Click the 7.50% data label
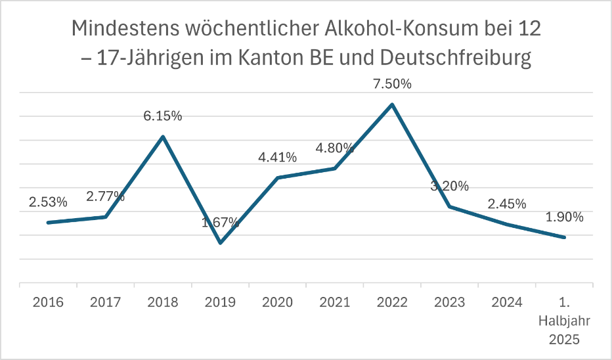(392, 85)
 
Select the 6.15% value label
(163, 116)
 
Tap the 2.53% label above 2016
(48, 202)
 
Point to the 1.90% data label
(564, 217)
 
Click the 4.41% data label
(277, 158)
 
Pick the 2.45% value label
(507, 204)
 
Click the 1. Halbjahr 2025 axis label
(564, 321)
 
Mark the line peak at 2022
(392, 104)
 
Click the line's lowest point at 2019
(220, 243)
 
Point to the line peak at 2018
(163, 137)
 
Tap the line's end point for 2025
(564, 237)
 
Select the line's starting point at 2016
(48, 223)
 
